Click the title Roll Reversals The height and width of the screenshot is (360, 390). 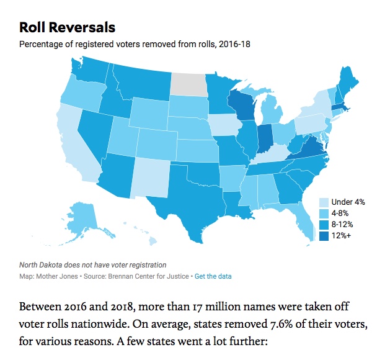(67, 28)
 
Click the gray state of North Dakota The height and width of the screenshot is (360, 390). (190, 83)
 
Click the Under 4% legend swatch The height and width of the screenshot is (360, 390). (323, 202)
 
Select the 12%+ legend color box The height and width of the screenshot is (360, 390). (323, 236)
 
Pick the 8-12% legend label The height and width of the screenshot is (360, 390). (343, 225)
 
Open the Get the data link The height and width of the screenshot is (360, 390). (213, 276)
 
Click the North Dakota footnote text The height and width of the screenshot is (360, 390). (92, 265)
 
